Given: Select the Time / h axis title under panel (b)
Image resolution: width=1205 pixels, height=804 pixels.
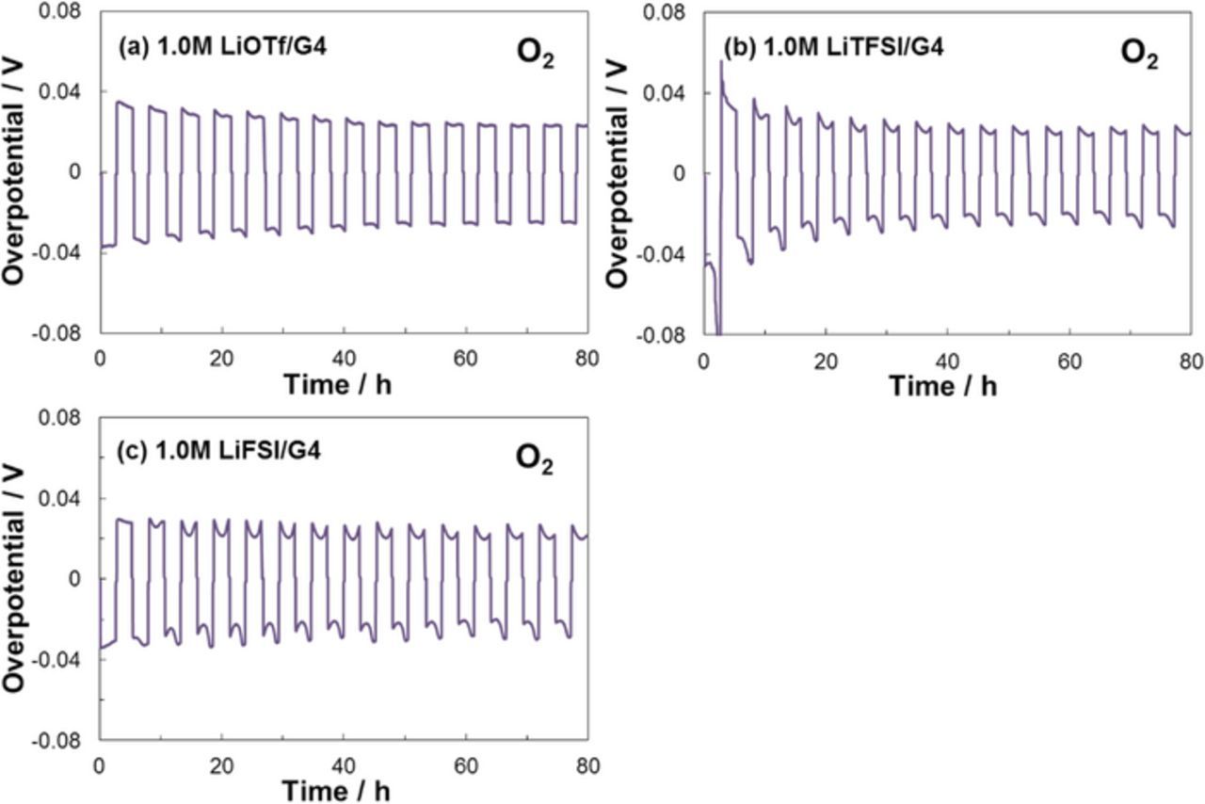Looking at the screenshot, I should click(944, 387).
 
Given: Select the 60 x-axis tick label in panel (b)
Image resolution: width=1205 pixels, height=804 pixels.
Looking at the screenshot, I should click(1068, 360).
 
